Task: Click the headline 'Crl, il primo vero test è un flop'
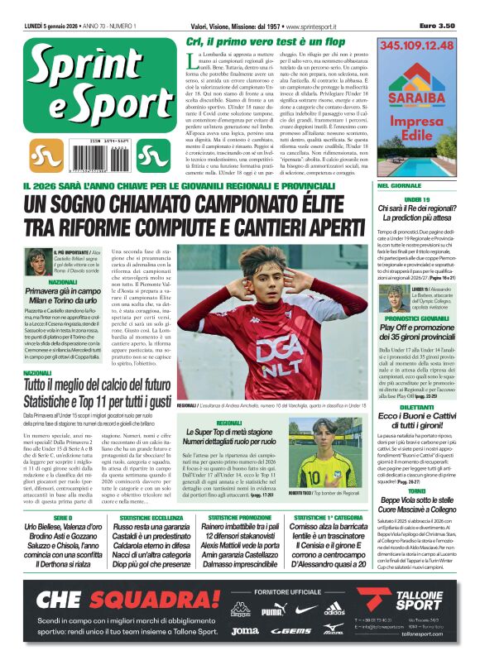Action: pos(266,41)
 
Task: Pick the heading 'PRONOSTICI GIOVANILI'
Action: pos(416,318)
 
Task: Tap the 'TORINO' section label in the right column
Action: pos(416,490)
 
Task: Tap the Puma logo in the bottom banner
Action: pos(272,613)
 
